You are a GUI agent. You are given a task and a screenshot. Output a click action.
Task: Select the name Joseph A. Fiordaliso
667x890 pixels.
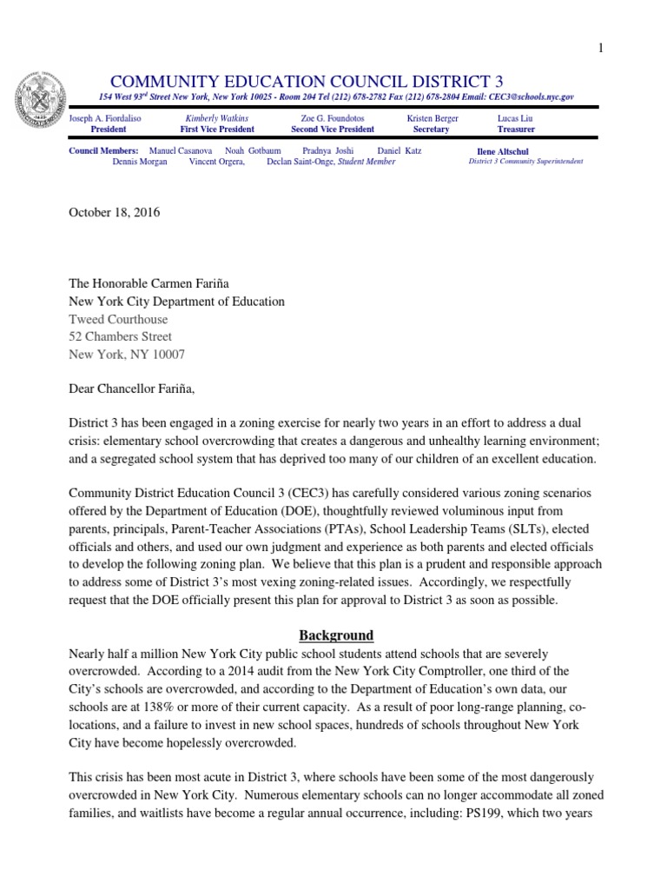[x=105, y=118]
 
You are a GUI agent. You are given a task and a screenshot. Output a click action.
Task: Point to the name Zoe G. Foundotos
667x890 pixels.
[x=333, y=118]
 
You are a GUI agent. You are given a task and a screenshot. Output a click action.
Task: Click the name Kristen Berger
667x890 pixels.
[x=433, y=118]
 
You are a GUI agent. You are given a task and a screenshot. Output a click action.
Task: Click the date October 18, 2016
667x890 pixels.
[x=114, y=213]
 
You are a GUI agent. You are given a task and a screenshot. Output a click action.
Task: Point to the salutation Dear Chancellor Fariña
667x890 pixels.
[x=139, y=389]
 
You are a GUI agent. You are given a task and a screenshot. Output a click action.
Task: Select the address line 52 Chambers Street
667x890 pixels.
[x=121, y=336]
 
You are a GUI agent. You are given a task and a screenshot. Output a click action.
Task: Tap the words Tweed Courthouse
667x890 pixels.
[x=119, y=319]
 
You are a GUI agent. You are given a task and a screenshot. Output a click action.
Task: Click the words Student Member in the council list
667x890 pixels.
[x=367, y=162]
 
